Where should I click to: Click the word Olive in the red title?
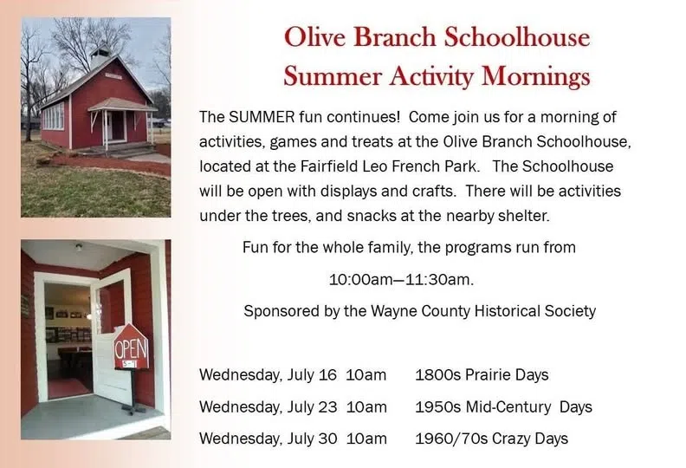315,36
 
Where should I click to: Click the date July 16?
312,375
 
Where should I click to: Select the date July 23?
312,407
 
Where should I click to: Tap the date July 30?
312,439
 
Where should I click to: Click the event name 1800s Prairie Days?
482,375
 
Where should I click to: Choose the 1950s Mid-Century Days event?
503,407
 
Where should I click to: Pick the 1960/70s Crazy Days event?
491,439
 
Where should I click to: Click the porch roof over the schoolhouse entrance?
122,105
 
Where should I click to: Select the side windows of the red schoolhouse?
53,116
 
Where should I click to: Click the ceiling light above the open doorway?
79,247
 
